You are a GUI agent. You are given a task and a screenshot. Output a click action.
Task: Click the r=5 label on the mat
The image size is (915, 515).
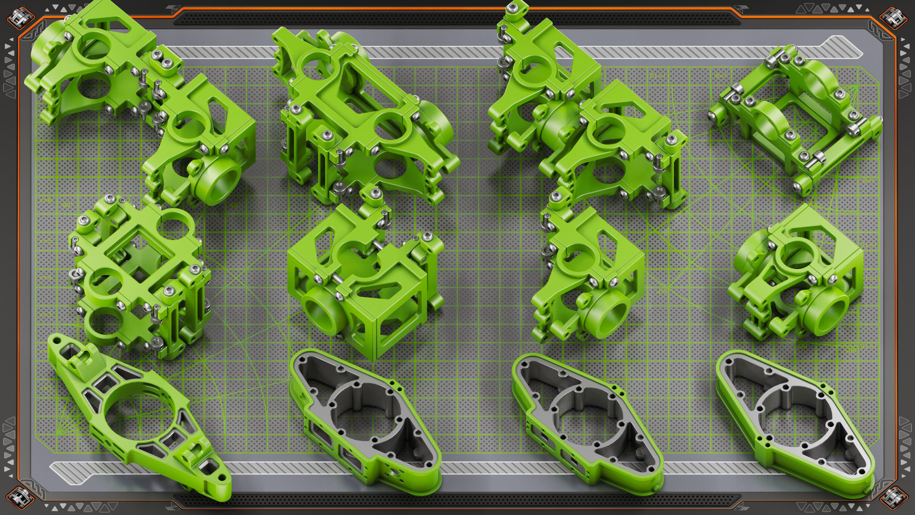46,241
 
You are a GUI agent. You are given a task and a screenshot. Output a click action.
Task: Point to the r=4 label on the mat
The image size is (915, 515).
46,277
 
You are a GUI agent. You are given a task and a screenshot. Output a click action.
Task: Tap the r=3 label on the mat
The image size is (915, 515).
46,314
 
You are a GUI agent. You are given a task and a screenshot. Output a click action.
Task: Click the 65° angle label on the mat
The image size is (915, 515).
235,205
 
